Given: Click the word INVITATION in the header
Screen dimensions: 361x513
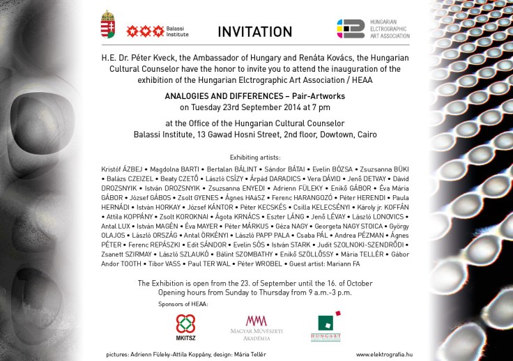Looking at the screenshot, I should pyautogui.click(x=254, y=31).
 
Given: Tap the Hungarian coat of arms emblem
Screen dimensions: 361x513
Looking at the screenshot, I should pyautogui.click(x=107, y=25).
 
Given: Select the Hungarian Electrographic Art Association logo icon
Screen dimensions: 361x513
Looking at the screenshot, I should pyautogui.click(x=351, y=29).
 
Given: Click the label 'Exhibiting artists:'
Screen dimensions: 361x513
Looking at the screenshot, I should pyautogui.click(x=254, y=158).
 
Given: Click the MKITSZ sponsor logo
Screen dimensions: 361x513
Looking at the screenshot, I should pyautogui.click(x=185, y=327).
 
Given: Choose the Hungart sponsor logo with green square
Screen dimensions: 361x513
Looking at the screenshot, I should pyautogui.click(x=325, y=327).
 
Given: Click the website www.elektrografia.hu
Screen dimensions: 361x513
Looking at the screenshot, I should pyautogui.click(x=384, y=354).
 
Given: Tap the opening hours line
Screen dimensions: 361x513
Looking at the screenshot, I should pyautogui.click(x=254, y=293).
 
